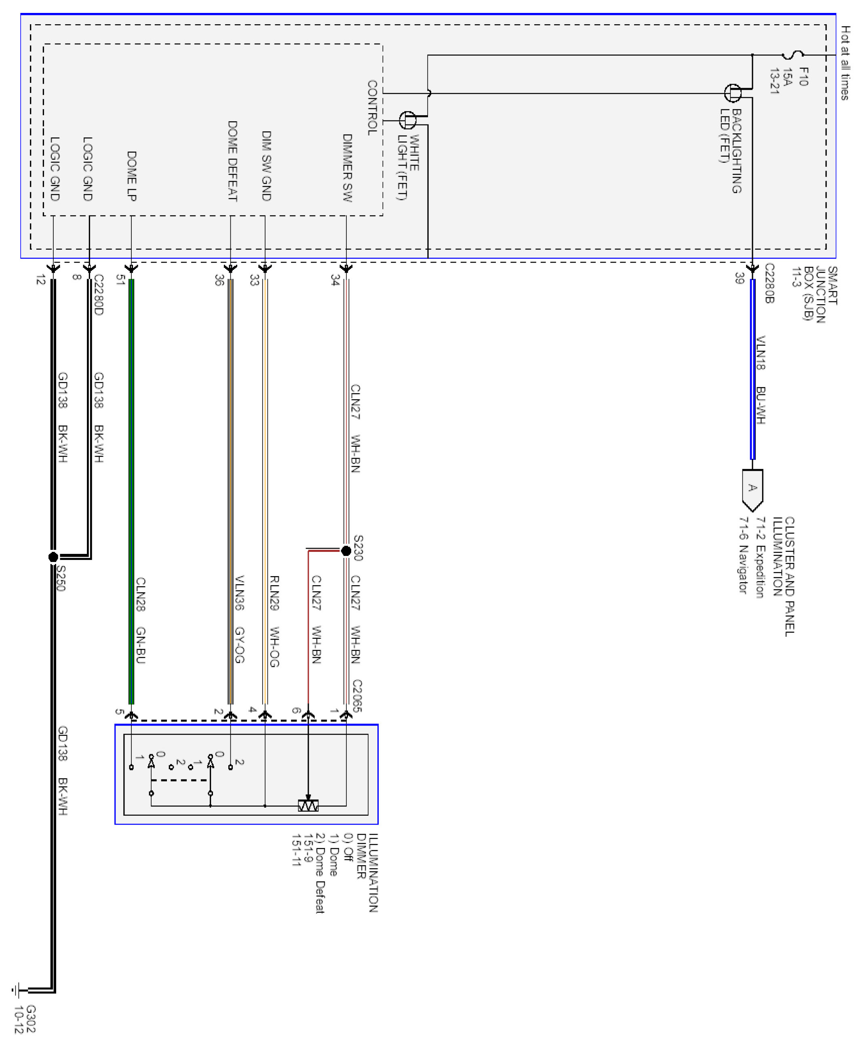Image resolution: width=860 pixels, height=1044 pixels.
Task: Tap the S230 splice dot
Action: [x=346, y=551]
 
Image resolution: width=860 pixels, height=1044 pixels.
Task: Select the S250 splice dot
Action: [x=53, y=557]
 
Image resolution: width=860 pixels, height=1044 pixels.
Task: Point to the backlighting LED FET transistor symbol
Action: [x=734, y=93]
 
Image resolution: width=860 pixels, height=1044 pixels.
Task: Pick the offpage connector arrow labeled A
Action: [x=752, y=490]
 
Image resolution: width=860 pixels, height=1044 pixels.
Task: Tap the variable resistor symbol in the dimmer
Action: [x=308, y=806]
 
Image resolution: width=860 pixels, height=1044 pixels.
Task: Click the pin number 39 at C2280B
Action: [x=740, y=278]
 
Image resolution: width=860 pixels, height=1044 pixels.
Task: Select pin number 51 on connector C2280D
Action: [x=120, y=280]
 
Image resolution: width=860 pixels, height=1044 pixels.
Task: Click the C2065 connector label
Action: [x=357, y=695]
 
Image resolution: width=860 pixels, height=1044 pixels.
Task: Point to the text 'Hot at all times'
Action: [x=845, y=63]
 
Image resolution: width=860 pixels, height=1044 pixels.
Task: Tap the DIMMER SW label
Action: [x=347, y=167]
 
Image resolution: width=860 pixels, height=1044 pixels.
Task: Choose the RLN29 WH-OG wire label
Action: [x=274, y=621]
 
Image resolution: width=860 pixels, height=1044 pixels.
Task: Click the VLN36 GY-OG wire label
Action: [x=239, y=619]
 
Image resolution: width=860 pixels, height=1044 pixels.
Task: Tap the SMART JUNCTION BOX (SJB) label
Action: [x=820, y=294]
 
